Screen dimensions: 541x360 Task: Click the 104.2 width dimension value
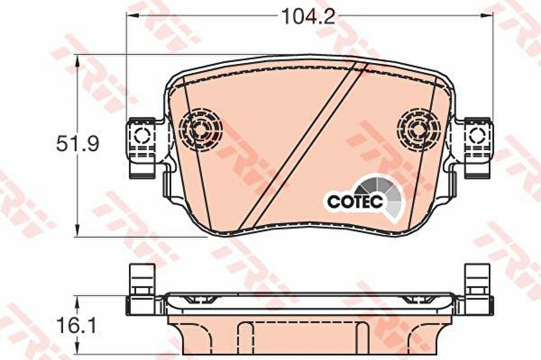(x=308, y=16)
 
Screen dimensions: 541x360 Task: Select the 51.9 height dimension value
(x=77, y=144)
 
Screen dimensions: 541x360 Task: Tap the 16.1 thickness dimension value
(x=77, y=326)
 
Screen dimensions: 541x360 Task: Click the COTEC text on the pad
(x=355, y=202)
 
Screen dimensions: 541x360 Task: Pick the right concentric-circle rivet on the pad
(x=419, y=130)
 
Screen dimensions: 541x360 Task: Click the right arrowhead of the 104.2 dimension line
(x=487, y=15)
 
